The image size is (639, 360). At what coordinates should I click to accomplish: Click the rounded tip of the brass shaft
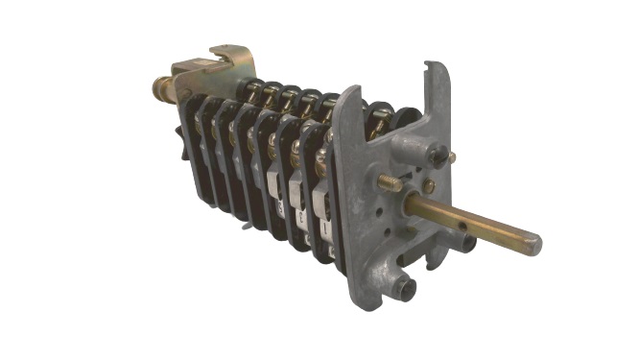point(533,245)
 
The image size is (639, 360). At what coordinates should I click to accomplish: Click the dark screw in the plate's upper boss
point(438,154)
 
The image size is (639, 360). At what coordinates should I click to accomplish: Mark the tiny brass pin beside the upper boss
point(452,156)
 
